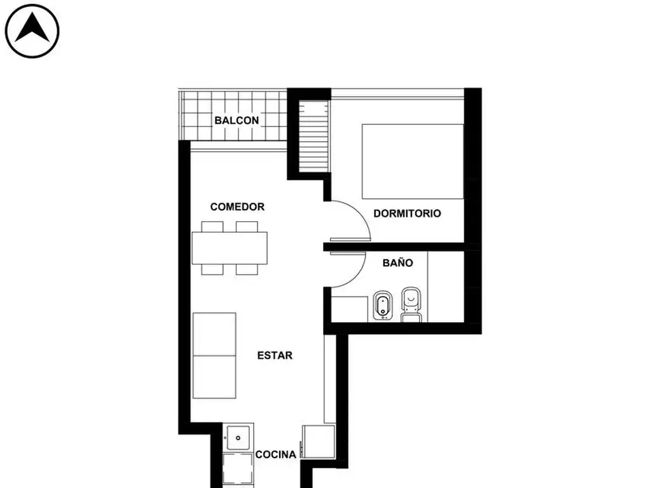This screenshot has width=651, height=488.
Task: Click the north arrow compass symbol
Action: coord(32,31)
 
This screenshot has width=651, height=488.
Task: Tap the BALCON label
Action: coord(236,120)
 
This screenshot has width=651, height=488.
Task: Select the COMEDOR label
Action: coord(237,207)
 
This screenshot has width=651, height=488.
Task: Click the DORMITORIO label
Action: coord(407,213)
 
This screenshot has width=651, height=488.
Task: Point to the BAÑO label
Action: coord(398,262)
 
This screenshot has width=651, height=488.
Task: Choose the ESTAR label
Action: coord(275,355)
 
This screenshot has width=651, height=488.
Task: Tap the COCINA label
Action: coord(276,454)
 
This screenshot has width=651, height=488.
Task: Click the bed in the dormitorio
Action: coord(413,161)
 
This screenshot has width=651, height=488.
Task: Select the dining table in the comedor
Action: coord(230,248)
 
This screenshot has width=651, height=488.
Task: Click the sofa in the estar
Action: coord(215,356)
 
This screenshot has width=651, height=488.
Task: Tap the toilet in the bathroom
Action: coord(411,304)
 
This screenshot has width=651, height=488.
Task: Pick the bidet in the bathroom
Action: coord(383,306)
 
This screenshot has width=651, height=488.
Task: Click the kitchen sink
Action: coord(238,437)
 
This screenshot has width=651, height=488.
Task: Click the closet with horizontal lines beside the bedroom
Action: coord(314,135)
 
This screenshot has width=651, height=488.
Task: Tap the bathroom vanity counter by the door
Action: coord(350,309)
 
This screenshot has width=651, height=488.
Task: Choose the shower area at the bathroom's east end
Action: coord(446,287)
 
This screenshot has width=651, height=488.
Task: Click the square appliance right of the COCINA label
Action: coord(319,442)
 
